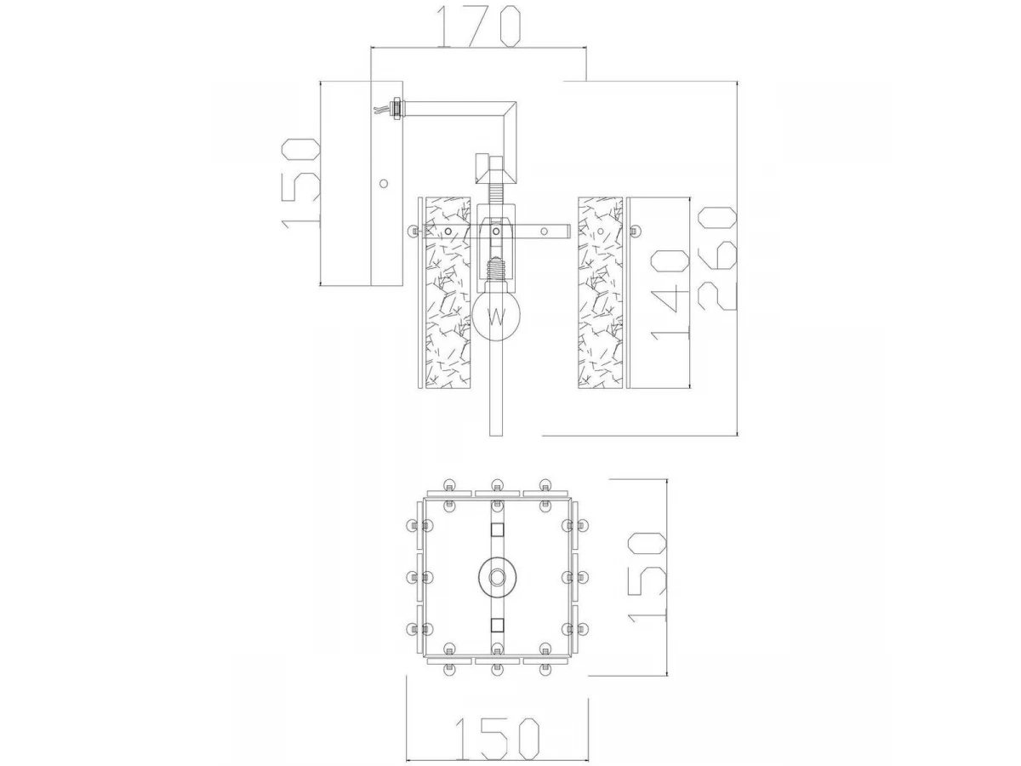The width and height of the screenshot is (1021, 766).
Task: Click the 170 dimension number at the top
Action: (476, 26)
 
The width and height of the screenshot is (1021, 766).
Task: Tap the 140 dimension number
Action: (669, 294)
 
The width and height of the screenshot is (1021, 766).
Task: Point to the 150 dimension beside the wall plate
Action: (301, 184)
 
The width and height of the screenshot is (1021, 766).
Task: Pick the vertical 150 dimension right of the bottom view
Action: (647, 577)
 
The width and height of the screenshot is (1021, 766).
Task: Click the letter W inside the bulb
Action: (496, 317)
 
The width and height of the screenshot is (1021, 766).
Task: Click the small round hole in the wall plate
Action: (383, 184)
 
